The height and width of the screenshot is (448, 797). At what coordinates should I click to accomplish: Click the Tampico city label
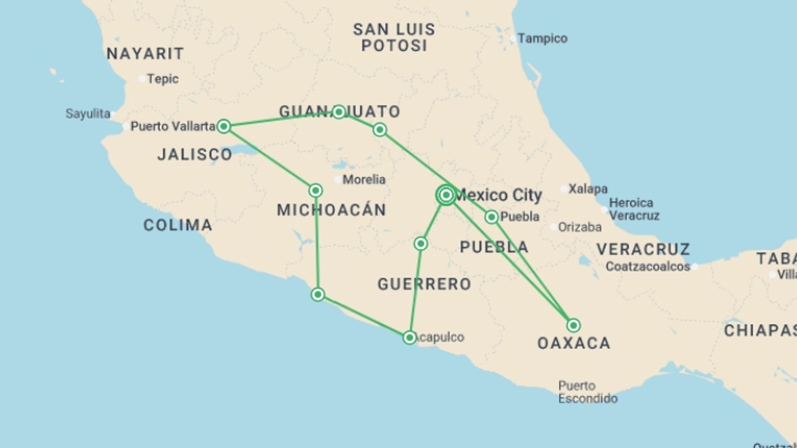[542, 39]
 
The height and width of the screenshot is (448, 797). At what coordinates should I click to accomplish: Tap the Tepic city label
[162, 79]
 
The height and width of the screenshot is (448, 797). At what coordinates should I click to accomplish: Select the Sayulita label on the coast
[88, 114]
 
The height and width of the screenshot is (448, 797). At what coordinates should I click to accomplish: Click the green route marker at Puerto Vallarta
[224, 126]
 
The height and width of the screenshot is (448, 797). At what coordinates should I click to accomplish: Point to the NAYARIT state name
[145, 54]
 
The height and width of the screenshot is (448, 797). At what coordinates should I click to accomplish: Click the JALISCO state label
[195, 154]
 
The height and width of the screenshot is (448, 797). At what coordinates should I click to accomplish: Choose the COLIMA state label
[178, 225]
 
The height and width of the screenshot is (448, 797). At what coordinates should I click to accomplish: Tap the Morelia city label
[364, 180]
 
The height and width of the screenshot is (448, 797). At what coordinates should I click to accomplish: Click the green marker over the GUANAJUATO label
[339, 112]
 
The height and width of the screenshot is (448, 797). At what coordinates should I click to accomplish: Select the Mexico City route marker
[446, 195]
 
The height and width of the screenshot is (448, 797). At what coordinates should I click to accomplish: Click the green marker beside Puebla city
[491, 217]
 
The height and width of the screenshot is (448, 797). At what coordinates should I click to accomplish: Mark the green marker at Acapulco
[409, 338]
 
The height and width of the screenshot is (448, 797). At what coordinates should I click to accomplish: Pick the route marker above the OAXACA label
[573, 325]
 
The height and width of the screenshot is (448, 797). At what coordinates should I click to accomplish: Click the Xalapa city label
[588, 189]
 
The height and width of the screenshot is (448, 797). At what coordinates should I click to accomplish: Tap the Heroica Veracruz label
[634, 209]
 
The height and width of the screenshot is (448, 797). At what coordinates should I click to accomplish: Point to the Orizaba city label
[579, 227]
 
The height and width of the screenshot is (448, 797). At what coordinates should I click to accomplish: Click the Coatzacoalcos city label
[648, 266]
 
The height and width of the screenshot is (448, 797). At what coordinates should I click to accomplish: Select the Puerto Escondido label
[587, 392]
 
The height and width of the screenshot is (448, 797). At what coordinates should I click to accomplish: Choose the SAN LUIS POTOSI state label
[394, 37]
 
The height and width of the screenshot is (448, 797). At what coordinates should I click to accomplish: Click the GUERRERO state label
[424, 284]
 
